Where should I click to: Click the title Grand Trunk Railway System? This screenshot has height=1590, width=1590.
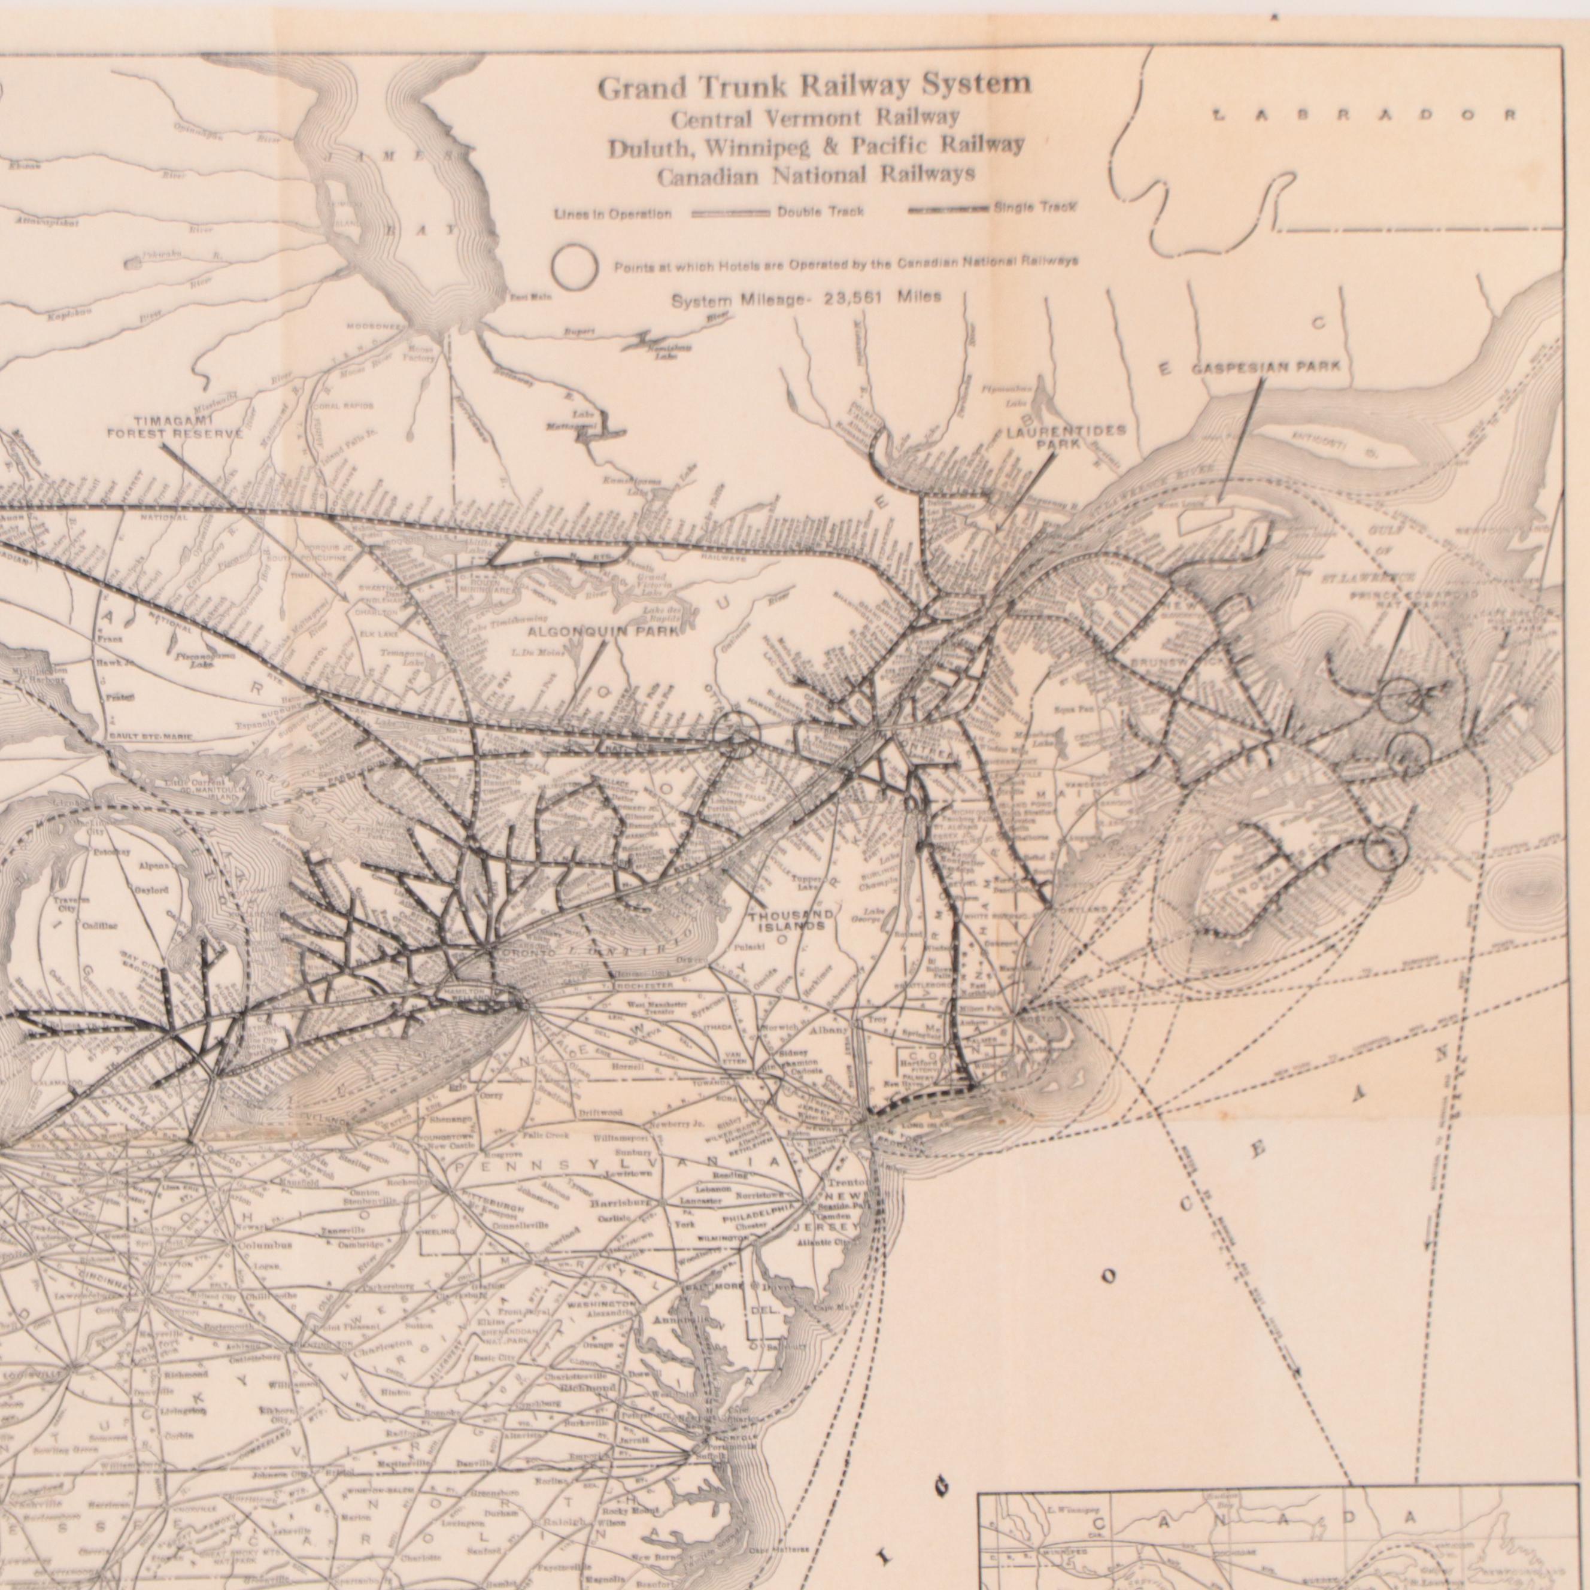(813, 86)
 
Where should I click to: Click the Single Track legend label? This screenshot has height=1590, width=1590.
(1034, 207)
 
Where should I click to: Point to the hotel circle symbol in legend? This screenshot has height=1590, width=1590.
(575, 266)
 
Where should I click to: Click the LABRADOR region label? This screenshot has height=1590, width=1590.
(1364, 116)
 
